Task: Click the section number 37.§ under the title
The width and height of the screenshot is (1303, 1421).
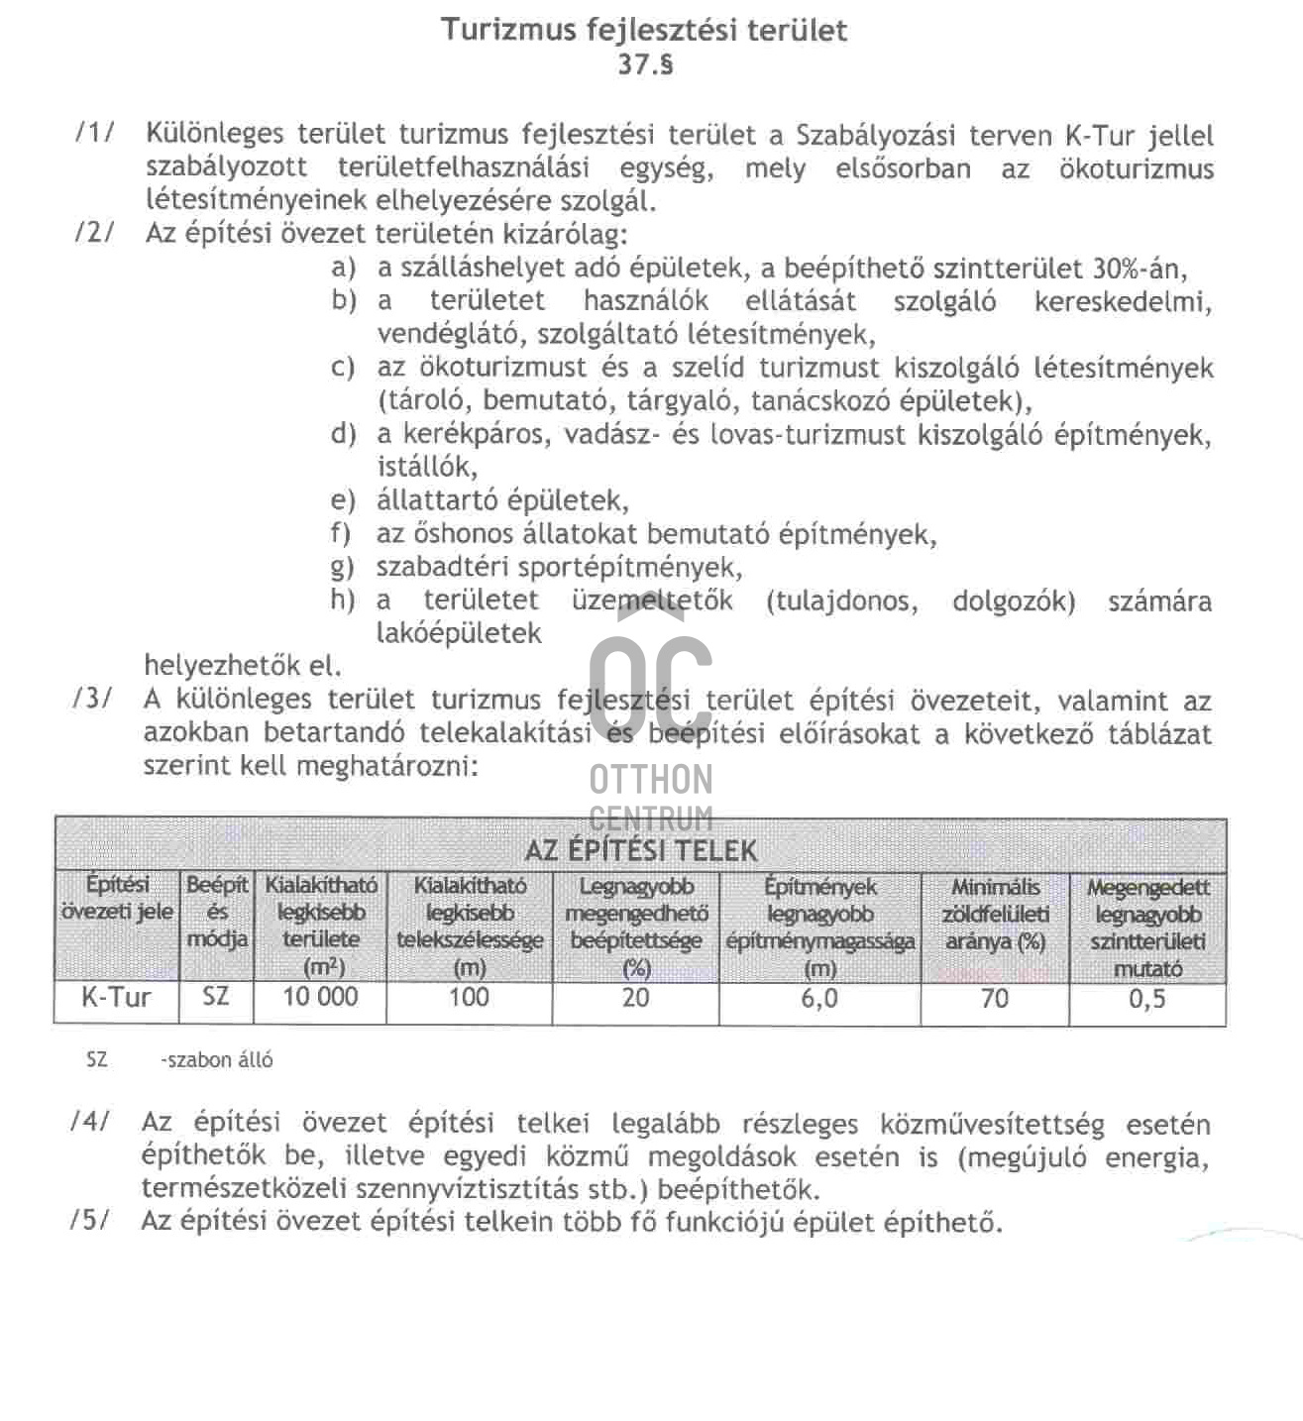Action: click(x=645, y=65)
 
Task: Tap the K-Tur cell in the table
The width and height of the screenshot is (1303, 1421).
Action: click(x=116, y=997)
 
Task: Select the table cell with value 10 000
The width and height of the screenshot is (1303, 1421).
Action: click(x=320, y=997)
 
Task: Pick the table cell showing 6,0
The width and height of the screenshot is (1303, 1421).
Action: click(x=818, y=998)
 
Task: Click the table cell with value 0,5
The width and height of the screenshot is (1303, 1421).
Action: click(x=1146, y=999)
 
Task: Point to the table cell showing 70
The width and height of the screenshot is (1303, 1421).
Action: click(x=994, y=998)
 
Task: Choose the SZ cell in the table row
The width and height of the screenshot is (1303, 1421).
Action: click(x=215, y=997)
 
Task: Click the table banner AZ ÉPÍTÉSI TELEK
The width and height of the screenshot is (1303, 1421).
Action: click(x=640, y=850)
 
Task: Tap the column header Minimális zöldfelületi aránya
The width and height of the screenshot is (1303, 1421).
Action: click(x=995, y=915)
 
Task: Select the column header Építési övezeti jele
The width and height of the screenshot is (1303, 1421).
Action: click(x=117, y=898)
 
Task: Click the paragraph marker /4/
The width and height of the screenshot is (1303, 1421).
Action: click(x=90, y=1122)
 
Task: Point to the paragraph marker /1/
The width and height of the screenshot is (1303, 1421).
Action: click(x=94, y=133)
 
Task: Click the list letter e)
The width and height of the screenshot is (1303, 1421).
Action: click(x=343, y=500)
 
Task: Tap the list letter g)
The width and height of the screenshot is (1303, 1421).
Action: click(x=343, y=567)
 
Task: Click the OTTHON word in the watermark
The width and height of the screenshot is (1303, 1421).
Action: click(x=651, y=780)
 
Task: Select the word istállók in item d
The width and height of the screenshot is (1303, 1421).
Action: click(x=426, y=466)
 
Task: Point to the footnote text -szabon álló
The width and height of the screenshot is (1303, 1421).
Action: click(x=217, y=1060)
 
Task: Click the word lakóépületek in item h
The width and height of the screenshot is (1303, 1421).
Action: click(x=459, y=633)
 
